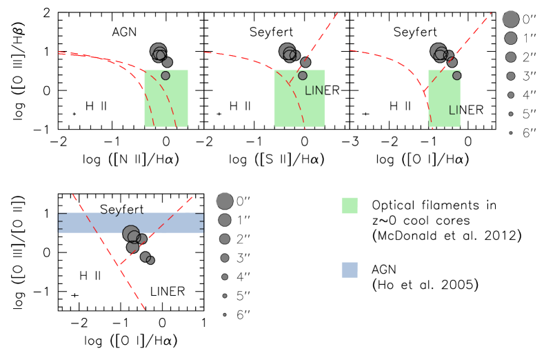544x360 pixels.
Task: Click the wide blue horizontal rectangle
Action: tap(83, 223)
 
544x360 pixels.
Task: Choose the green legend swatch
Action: tap(350, 206)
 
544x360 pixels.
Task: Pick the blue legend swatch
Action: tap(350, 270)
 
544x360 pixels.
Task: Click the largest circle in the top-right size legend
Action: tap(510, 19)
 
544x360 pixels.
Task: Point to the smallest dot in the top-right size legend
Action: tap(511, 132)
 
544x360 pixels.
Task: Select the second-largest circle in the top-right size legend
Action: tap(511, 38)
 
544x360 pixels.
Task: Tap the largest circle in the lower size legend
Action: tap(224, 201)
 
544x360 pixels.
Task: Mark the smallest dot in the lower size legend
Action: tap(225, 314)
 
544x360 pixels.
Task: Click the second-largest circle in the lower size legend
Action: tap(225, 220)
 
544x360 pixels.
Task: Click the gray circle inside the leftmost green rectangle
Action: tap(165, 76)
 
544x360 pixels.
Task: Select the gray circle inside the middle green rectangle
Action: tap(303, 76)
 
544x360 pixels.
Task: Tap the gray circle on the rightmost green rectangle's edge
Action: tap(456, 76)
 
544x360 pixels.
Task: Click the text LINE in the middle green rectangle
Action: tap(314, 91)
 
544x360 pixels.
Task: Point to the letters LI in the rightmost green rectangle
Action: tap(454, 110)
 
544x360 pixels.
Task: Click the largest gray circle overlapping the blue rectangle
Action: tap(130, 234)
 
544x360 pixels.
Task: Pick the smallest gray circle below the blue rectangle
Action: tap(150, 260)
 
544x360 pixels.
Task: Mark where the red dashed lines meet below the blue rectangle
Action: tap(120, 265)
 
